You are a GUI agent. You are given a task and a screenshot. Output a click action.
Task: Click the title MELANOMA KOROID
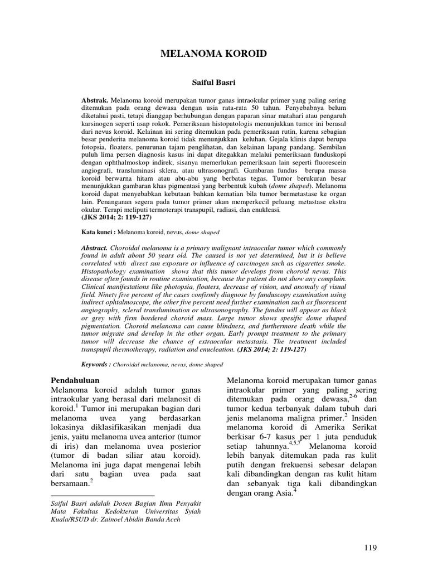point(213,54)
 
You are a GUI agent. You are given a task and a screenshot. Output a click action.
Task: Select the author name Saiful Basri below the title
point(213,81)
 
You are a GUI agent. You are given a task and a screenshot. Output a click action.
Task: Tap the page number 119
point(369,548)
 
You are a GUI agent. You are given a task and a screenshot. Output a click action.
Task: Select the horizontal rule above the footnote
point(103,495)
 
